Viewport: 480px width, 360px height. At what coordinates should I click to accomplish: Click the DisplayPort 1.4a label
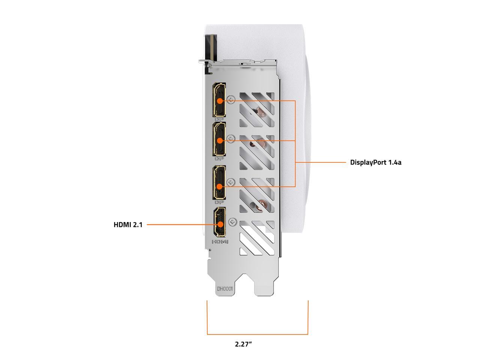point(375,162)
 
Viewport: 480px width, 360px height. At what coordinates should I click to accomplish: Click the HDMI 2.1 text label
point(128,225)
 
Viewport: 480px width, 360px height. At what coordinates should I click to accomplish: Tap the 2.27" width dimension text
point(243,344)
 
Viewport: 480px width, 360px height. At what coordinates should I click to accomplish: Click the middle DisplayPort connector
point(219,139)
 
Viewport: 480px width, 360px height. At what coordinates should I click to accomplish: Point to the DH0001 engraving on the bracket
point(225,289)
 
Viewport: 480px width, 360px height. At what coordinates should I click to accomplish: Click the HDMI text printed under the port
point(220,242)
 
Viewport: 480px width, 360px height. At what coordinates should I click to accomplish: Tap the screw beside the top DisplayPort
point(231,100)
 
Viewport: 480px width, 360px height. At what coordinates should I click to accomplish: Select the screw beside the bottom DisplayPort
point(231,183)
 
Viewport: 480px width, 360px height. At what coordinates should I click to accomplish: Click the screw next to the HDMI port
point(233,222)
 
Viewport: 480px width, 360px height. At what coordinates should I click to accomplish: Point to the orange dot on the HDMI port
point(220,225)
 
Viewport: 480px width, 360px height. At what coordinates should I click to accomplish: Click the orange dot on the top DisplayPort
point(220,100)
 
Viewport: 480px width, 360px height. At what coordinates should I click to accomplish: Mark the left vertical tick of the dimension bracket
point(207,317)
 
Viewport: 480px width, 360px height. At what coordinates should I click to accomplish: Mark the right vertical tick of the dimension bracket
point(308,317)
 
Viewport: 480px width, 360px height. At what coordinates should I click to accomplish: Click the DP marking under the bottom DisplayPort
point(219,202)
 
